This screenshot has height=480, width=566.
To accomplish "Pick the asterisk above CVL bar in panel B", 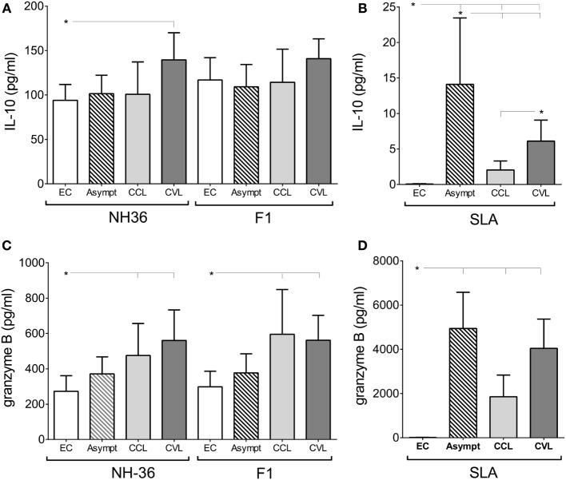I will pos(540,112).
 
